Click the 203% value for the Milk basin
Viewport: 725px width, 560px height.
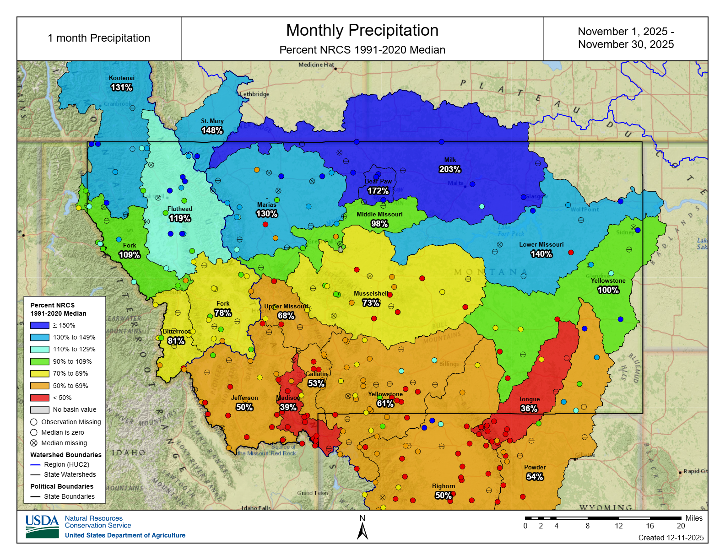[x=450, y=169]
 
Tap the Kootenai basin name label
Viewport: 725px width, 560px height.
[x=122, y=78]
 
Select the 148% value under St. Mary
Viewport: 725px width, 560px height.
[x=212, y=130]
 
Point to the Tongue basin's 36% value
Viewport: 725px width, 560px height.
[x=529, y=409]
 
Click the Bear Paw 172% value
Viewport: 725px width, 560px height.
[x=378, y=191]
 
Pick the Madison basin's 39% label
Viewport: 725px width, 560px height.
[x=288, y=407]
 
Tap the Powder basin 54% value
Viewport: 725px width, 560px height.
[x=535, y=477]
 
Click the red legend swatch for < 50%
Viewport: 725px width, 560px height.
[x=39, y=398]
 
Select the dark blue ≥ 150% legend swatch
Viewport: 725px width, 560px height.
[x=39, y=325]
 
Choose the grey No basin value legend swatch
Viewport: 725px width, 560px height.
[x=39, y=409]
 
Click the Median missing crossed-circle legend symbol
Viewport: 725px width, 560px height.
[x=34, y=443]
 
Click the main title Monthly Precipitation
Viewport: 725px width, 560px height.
[x=362, y=30]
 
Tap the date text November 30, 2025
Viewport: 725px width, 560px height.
[x=626, y=44]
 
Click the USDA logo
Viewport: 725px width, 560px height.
[x=42, y=527]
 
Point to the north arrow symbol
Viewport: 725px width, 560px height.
[x=362, y=531]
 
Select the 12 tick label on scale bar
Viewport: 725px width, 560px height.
[x=619, y=526]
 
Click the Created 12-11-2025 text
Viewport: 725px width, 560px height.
[x=671, y=538]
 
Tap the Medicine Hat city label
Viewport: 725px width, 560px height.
[x=316, y=65]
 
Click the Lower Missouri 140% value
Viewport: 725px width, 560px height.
[x=541, y=254]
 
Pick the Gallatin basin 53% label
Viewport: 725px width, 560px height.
[x=316, y=383]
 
